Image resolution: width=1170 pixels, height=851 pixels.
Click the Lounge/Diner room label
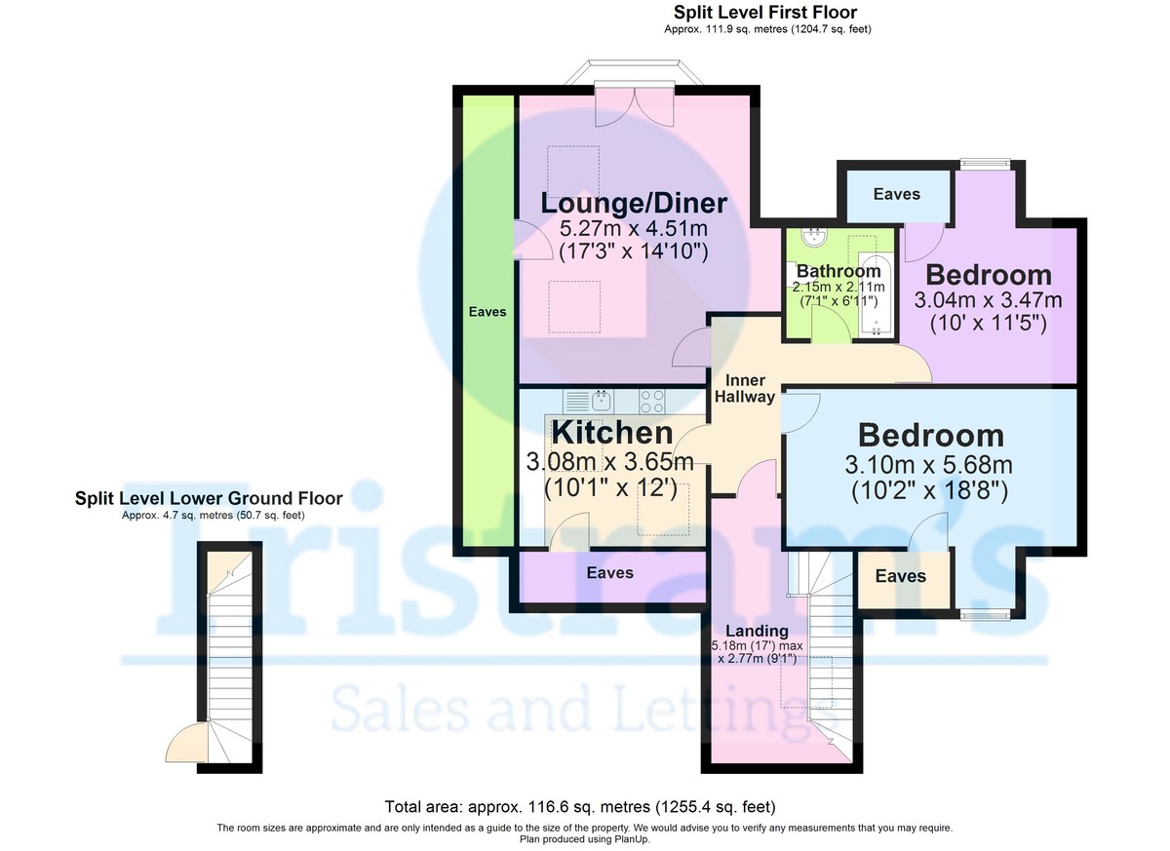click(x=634, y=204)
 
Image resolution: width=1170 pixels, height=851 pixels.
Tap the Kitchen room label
click(x=612, y=432)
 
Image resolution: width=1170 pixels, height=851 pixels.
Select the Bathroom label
click(x=838, y=270)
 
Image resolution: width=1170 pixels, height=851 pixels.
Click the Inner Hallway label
click(x=745, y=388)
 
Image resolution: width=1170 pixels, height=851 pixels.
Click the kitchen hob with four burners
click(x=652, y=400)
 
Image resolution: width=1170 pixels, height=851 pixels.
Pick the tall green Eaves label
click(x=487, y=312)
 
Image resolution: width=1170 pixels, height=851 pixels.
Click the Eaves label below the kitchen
click(x=609, y=573)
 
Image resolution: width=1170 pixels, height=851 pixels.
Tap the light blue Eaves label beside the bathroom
click(x=896, y=194)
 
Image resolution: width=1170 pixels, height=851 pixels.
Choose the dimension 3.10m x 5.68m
click(x=930, y=464)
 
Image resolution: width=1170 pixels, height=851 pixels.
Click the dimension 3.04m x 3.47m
click(x=988, y=300)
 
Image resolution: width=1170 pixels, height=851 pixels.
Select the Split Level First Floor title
click(x=765, y=13)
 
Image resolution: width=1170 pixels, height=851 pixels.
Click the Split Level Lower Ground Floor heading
click(x=209, y=499)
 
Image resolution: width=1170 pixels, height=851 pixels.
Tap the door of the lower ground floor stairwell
click(x=188, y=743)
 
